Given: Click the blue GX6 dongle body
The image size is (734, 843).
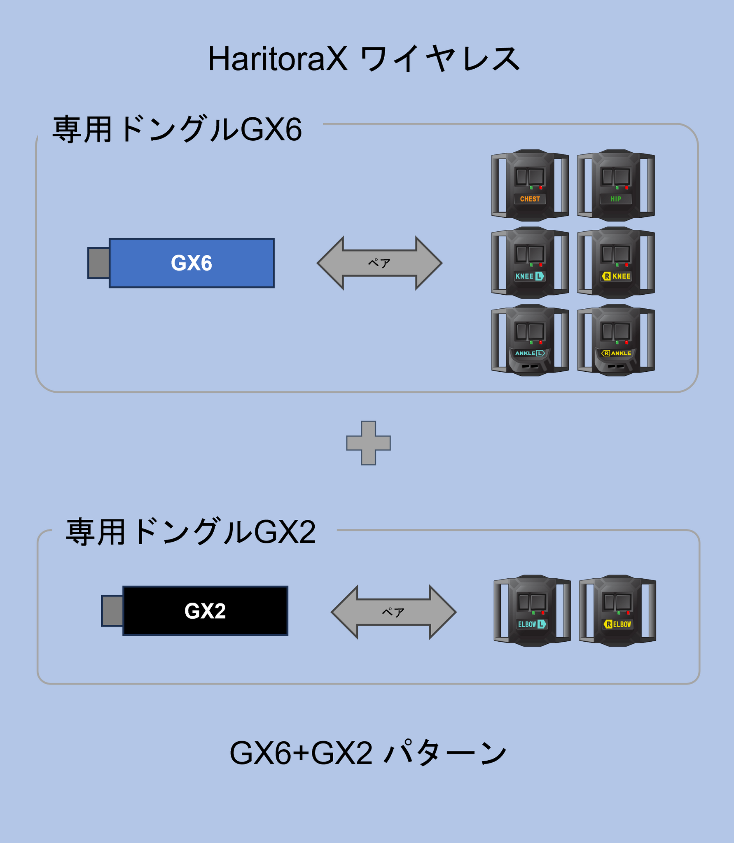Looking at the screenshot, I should pyautogui.click(x=192, y=263).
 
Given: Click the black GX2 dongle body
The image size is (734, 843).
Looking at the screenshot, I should pyautogui.click(x=205, y=610).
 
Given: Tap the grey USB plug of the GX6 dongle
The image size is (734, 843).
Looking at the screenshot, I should pyautogui.click(x=99, y=263).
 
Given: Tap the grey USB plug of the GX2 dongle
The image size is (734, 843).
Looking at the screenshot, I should pyautogui.click(x=112, y=610).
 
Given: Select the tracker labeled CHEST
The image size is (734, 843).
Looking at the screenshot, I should pyautogui.click(x=530, y=185).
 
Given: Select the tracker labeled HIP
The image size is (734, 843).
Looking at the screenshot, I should pyautogui.click(x=616, y=185).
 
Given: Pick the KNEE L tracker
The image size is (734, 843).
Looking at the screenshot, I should pyautogui.click(x=530, y=263).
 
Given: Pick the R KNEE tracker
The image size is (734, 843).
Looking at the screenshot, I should pyautogui.click(x=616, y=263).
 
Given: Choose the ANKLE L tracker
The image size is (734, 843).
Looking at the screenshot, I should pyautogui.click(x=530, y=340).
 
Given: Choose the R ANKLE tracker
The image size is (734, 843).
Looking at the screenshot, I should pyautogui.click(x=616, y=340).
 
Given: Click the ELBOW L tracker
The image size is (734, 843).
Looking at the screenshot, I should pyautogui.click(x=532, y=610).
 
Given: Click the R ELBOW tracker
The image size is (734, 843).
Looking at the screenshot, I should pyautogui.click(x=617, y=610).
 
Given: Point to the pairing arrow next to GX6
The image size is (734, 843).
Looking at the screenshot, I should pyautogui.click(x=379, y=263).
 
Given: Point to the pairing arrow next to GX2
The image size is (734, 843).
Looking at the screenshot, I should pyautogui.click(x=393, y=612).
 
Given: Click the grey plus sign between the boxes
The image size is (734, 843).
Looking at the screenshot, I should pyautogui.click(x=368, y=443).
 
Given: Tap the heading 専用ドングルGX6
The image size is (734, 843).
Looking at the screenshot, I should pyautogui.click(x=177, y=129).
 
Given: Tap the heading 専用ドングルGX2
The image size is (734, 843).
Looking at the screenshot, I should pyautogui.click(x=191, y=532).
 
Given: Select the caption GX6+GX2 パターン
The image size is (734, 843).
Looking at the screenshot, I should pyautogui.click(x=368, y=753).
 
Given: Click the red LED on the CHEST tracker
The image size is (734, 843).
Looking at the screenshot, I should pyautogui.click(x=541, y=188).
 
